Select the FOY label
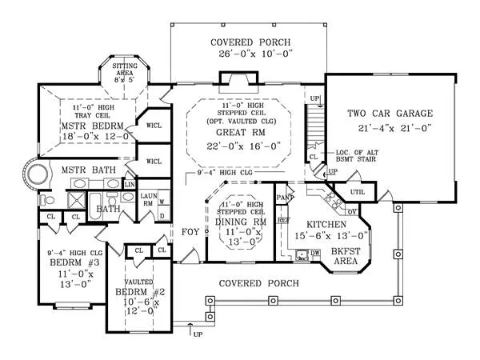(x=190, y=232)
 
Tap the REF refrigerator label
(x=282, y=218)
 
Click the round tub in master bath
(x=35, y=174)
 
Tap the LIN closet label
(x=130, y=185)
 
